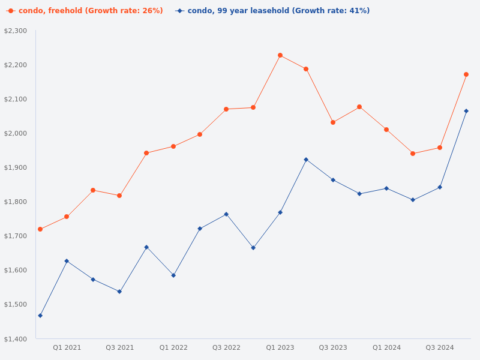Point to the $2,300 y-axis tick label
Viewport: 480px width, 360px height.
click(16, 31)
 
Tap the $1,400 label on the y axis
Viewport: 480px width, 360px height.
click(16, 339)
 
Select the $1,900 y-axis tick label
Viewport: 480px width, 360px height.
click(16, 167)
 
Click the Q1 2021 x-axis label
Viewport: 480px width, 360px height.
click(67, 347)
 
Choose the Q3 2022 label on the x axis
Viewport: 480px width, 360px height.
click(226, 347)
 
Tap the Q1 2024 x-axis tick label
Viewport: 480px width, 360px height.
click(386, 347)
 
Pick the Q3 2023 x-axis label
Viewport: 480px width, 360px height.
click(333, 347)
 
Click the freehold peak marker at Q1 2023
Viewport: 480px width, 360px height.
click(280, 55)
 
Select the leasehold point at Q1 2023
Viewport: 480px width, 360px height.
click(280, 212)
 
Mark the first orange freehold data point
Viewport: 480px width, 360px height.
click(40, 229)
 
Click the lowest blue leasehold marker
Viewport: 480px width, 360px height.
click(40, 316)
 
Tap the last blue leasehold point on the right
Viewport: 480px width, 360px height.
click(466, 111)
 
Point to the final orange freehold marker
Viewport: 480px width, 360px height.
click(466, 74)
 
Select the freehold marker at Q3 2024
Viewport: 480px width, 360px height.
click(440, 148)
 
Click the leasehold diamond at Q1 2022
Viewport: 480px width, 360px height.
click(173, 275)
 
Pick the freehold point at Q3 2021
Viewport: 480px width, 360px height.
click(119, 196)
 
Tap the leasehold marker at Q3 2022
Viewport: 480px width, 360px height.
click(226, 214)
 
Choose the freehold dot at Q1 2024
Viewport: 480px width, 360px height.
click(386, 130)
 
